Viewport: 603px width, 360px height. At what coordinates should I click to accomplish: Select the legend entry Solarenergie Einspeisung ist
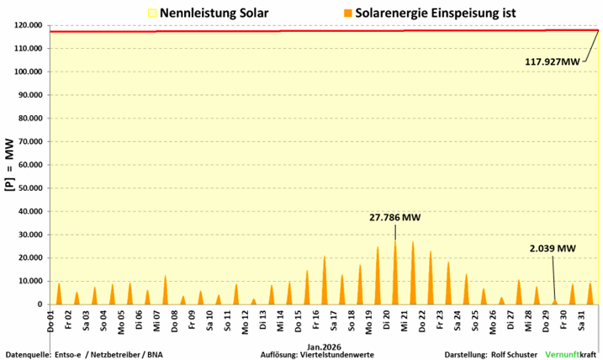421,13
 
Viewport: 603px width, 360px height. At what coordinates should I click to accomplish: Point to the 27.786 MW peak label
394,218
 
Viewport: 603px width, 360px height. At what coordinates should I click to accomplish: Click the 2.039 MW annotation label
553,248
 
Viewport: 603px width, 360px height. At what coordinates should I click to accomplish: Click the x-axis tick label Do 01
51,320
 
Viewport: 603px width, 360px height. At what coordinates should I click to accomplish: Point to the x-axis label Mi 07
156,320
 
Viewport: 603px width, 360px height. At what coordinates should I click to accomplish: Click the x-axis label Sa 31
580,320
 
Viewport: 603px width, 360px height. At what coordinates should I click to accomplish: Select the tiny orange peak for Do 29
554,301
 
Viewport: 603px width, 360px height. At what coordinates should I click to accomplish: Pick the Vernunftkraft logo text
571,354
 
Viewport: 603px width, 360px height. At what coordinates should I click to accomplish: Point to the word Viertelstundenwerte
338,354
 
